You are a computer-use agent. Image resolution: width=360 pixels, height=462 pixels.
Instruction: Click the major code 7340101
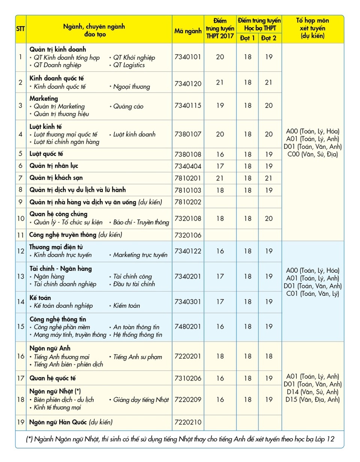click(188, 57)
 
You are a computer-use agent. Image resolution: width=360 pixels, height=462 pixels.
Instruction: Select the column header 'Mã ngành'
click(188, 31)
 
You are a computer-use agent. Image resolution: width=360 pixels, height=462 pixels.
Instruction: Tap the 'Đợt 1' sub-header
click(247, 38)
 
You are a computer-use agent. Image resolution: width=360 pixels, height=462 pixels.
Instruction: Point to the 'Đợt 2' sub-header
click(268, 38)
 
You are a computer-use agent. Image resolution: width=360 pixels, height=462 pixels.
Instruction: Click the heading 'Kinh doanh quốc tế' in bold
click(57, 78)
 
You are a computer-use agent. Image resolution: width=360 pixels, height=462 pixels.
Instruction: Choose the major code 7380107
click(188, 134)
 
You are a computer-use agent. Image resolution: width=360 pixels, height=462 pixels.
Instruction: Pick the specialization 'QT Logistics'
click(129, 65)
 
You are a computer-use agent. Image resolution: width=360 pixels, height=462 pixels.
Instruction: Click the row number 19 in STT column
click(21, 422)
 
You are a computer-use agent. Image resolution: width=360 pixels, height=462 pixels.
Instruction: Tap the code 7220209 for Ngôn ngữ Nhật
click(188, 400)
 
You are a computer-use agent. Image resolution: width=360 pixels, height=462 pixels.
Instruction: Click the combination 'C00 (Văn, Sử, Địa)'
click(312, 154)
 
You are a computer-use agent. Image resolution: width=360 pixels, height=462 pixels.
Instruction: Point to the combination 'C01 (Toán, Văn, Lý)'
click(312, 293)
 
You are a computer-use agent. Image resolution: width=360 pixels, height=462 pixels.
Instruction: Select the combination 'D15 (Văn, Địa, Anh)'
click(312, 399)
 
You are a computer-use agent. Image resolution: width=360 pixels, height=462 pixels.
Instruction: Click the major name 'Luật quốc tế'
click(46, 154)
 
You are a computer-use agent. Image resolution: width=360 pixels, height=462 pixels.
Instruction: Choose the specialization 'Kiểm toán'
click(127, 306)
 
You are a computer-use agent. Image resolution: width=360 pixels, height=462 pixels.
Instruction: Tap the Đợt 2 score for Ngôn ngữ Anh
click(268, 356)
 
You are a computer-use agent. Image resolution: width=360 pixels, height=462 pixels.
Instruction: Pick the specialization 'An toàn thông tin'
click(136, 327)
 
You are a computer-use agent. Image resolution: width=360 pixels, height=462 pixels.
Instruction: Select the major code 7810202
click(188, 202)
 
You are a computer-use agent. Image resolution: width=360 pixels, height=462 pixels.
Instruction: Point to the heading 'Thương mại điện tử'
click(56, 247)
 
